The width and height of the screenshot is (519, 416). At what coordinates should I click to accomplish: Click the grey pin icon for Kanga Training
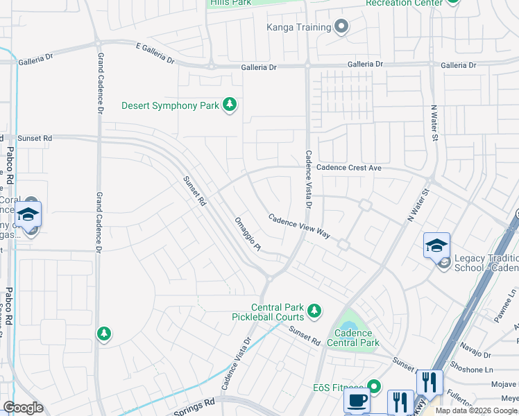click(x=341, y=28)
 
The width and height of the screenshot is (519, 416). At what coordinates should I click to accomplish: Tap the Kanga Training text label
click(x=298, y=28)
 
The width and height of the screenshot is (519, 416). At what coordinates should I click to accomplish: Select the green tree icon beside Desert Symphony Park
click(x=230, y=105)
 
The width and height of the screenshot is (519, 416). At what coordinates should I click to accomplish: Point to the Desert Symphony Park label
click(x=170, y=106)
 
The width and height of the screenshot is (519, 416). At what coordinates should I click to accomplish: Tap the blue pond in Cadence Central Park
click(x=347, y=325)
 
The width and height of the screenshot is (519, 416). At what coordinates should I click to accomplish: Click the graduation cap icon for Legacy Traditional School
click(x=436, y=246)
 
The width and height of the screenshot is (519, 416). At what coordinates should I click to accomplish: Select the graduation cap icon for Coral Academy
click(x=28, y=214)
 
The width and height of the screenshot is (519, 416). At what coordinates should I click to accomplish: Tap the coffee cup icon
click(x=357, y=401)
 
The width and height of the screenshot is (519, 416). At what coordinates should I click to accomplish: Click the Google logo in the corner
click(x=23, y=408)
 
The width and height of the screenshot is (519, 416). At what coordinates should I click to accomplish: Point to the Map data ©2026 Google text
click(x=477, y=410)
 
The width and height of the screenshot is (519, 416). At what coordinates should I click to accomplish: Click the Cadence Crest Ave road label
click(x=349, y=168)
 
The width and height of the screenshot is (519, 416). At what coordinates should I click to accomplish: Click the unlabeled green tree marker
click(x=104, y=334)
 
